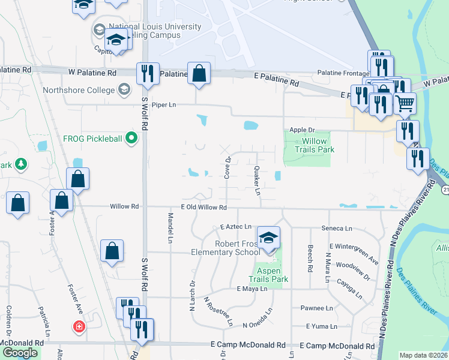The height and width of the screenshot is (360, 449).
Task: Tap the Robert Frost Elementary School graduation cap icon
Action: [x=268, y=238]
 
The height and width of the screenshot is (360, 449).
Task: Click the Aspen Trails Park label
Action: [x=269, y=275]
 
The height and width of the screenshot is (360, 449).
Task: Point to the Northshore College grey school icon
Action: [x=124, y=90]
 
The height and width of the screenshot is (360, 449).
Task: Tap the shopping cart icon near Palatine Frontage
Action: [x=405, y=103]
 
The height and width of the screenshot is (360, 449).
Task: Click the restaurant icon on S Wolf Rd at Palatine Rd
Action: [x=148, y=74]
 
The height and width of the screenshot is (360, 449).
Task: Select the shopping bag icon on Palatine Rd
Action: [x=199, y=74]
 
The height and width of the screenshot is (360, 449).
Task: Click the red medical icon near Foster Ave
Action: [x=79, y=327]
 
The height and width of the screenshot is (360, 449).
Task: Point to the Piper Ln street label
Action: [x=163, y=104]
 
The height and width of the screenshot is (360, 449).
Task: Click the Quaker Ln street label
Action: [x=257, y=181]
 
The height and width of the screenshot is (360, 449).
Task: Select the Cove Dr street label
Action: [x=228, y=168]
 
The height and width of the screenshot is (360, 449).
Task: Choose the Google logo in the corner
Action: [x=20, y=353]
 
